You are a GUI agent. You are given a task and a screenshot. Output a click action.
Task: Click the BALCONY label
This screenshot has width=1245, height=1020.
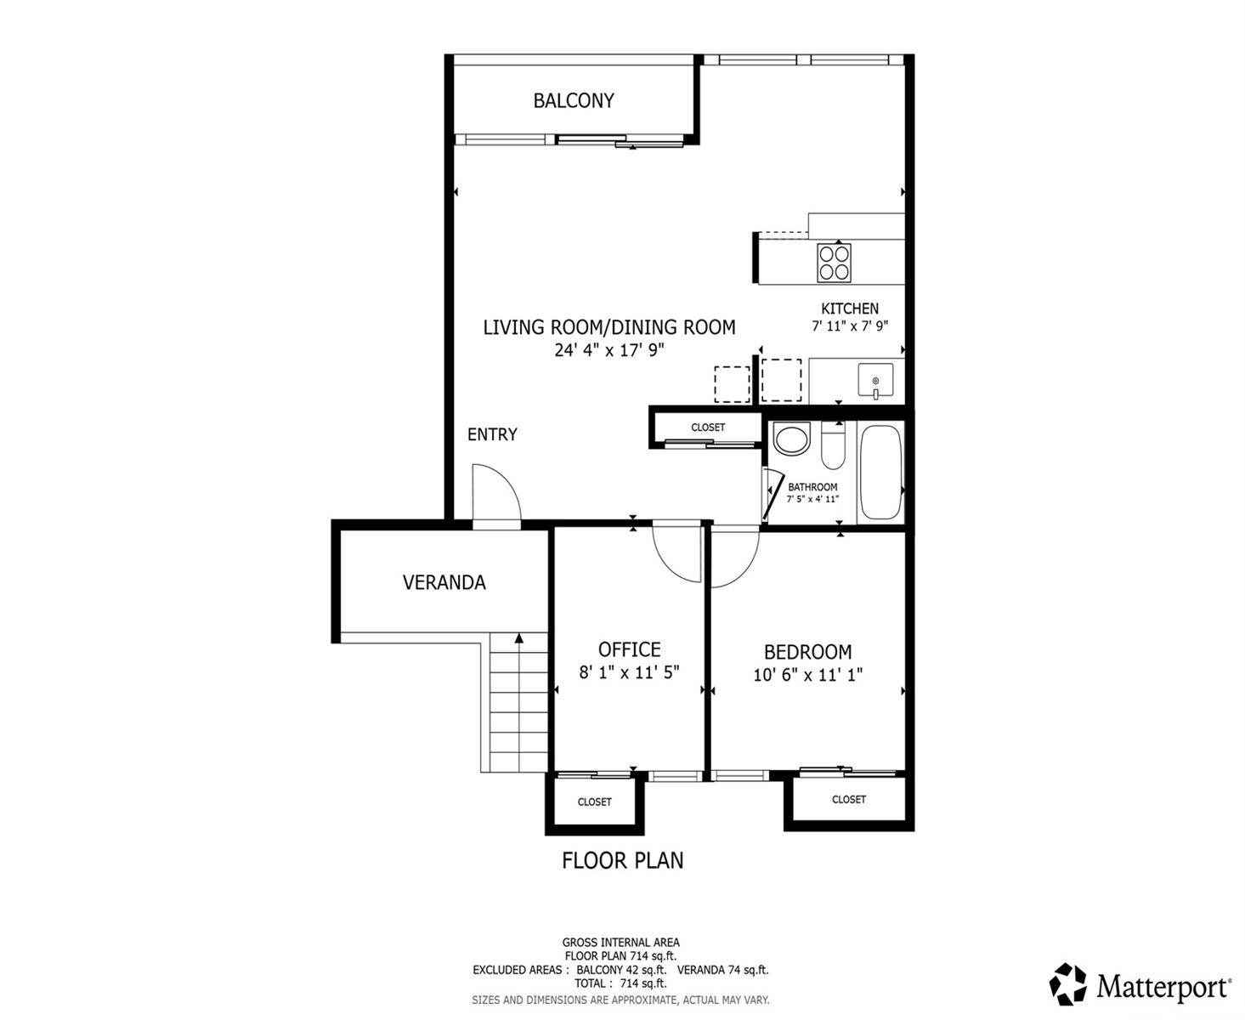point(573,100)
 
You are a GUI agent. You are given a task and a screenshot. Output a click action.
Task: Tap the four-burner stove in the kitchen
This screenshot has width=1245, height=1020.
point(834,263)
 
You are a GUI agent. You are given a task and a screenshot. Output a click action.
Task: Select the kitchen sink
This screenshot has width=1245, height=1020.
point(875,380)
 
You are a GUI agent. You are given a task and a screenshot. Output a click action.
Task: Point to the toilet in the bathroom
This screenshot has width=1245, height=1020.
point(832,445)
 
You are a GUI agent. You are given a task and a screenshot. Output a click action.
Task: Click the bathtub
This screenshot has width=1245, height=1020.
point(880,472)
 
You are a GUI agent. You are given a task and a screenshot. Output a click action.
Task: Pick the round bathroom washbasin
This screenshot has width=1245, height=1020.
point(792,439)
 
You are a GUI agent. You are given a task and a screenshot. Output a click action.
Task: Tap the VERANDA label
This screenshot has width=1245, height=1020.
point(444,582)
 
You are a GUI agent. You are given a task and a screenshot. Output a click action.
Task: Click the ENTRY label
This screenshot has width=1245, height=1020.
point(492,434)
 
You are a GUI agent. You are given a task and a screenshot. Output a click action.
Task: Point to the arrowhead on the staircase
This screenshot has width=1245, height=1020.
point(519,638)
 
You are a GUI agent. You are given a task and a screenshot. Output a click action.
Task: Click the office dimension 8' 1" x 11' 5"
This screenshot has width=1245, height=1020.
point(629,672)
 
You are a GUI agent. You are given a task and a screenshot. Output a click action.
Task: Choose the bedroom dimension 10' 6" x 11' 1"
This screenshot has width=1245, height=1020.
point(807,675)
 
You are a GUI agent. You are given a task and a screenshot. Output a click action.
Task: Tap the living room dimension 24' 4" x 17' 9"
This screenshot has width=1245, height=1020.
point(609,350)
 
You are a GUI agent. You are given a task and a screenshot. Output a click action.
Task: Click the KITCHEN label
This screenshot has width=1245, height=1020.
point(850,309)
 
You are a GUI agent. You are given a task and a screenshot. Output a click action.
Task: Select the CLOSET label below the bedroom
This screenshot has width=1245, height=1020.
point(849,799)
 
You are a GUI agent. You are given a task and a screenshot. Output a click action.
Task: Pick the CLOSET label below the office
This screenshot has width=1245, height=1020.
point(595,802)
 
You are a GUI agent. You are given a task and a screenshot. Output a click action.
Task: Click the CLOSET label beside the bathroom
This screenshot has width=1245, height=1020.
point(708,427)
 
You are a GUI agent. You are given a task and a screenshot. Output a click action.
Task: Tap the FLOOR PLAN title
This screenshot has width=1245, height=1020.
point(623,860)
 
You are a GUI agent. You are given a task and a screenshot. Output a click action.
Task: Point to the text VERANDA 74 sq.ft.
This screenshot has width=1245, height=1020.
point(722,969)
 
